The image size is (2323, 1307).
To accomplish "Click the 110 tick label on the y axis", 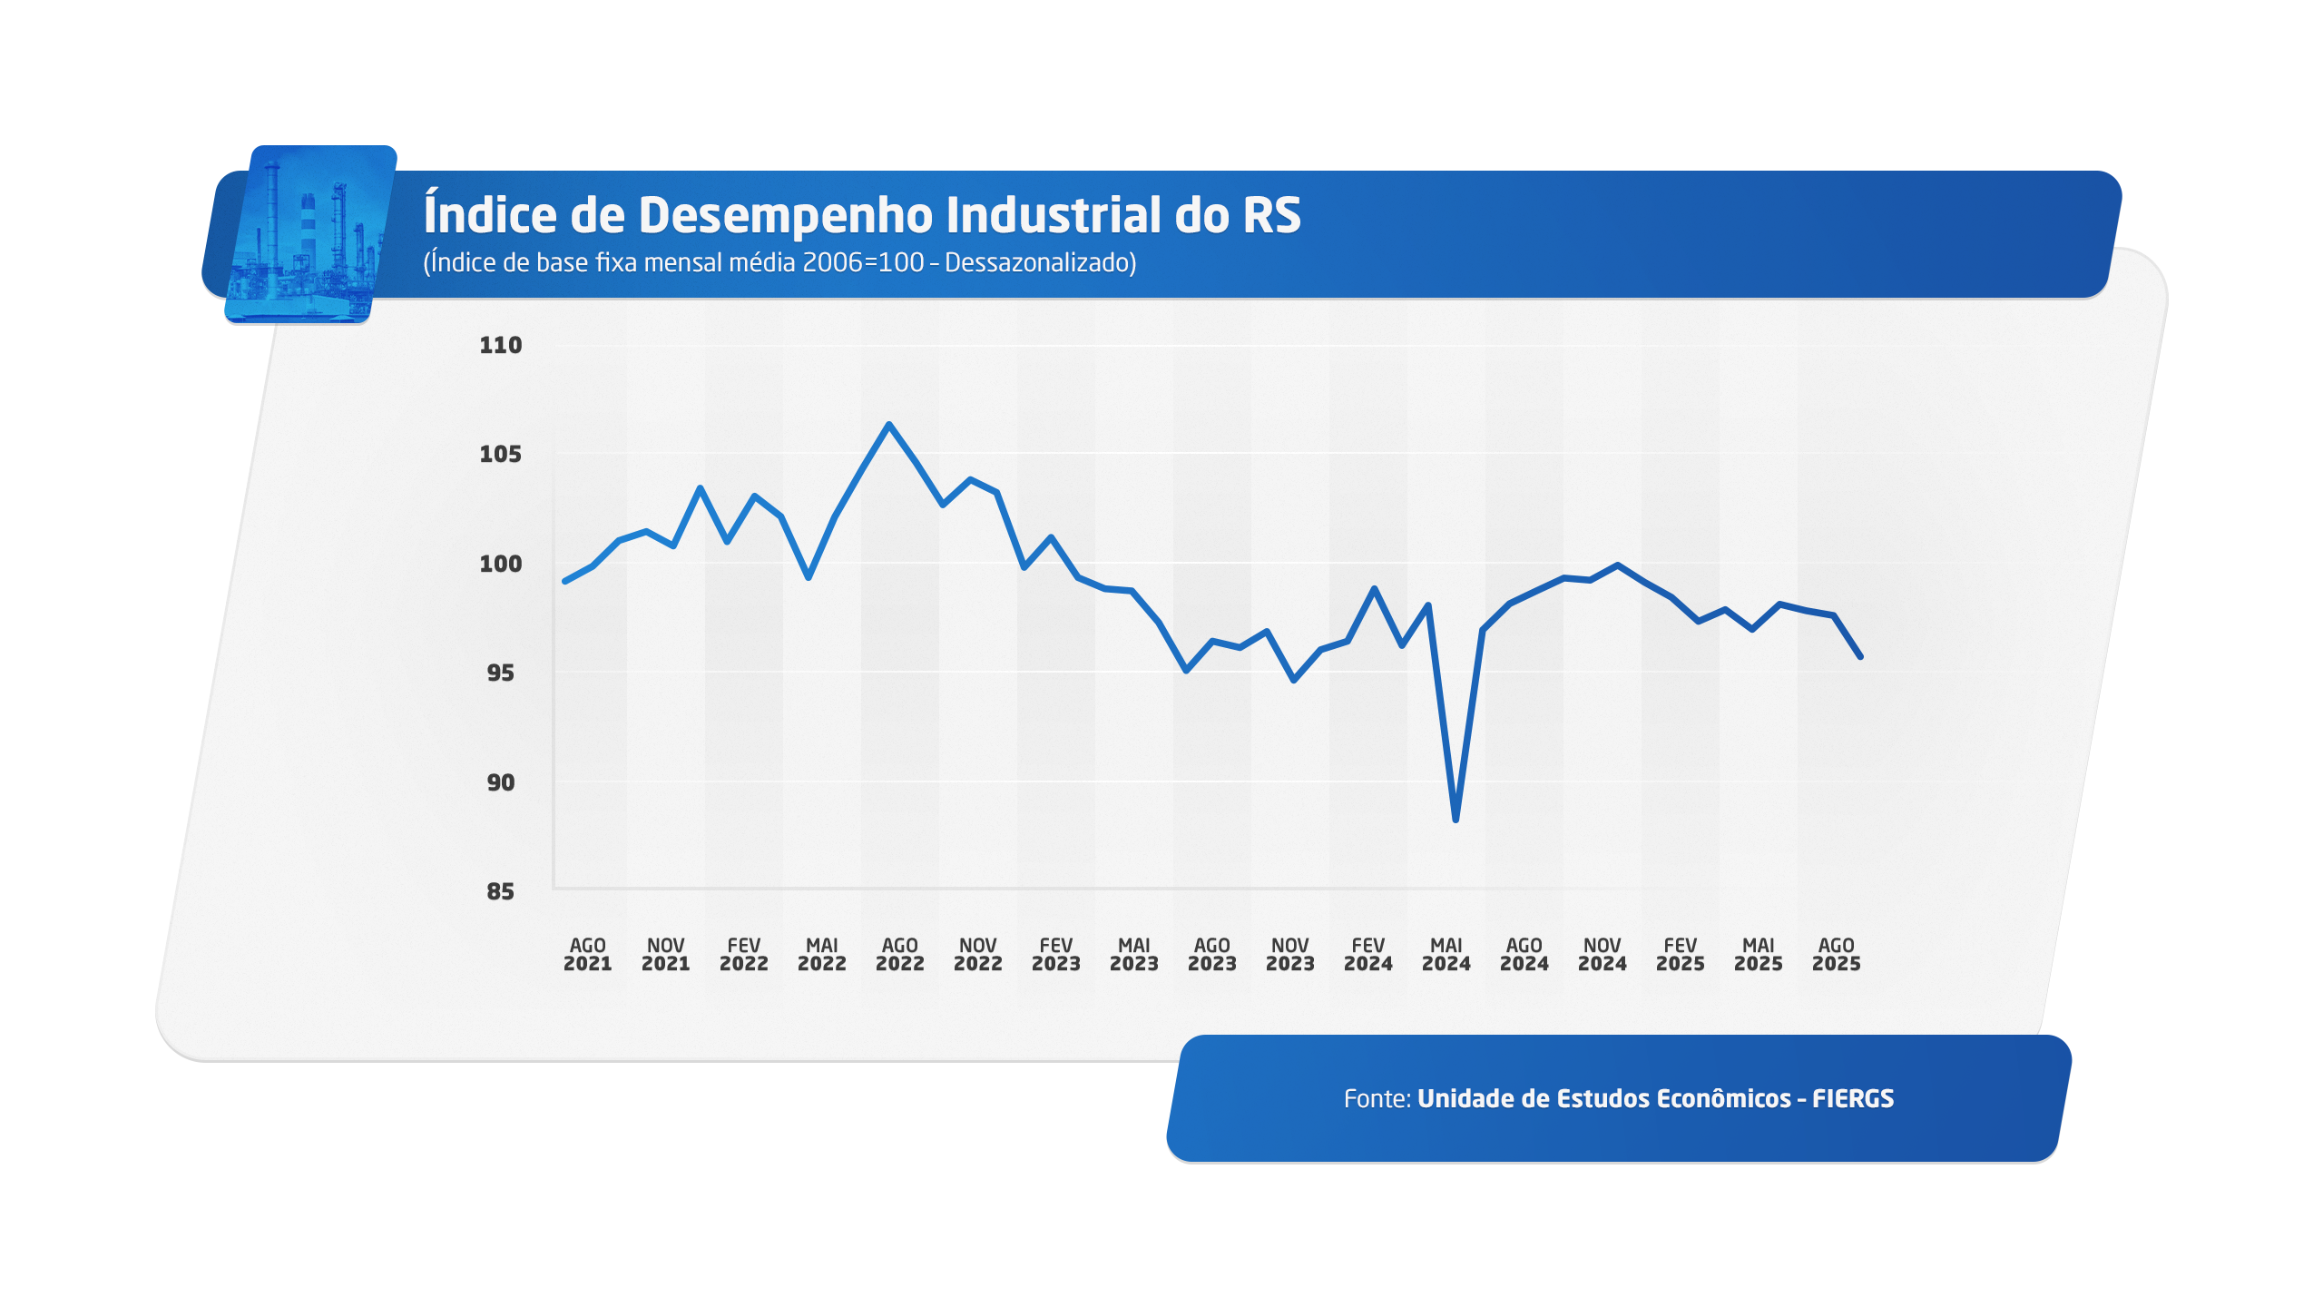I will pos(500,345).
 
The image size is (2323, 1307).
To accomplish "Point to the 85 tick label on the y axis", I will pos(500,891).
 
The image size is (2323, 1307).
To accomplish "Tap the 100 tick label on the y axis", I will pos(500,564).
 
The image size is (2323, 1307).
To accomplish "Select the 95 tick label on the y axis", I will pos(500,673).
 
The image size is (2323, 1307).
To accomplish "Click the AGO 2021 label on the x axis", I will pos(587,955).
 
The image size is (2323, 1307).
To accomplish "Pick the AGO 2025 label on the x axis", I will pos(1836,955).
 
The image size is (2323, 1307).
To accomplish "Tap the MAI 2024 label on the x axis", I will pos(1446,955).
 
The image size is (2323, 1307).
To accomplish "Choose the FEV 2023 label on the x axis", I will pos(1055,955).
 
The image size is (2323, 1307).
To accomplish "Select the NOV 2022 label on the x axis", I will pos(977,955).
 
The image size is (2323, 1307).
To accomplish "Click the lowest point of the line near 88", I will pos(1456,820).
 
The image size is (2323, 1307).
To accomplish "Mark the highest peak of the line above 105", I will pos(888,424).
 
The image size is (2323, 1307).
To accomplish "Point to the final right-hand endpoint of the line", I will pos(1860,656).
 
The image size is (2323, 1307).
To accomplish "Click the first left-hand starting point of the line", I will pos(564,581).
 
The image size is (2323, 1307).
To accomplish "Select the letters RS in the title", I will pos(1271,215).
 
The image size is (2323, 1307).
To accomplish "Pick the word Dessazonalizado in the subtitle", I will pos(1040,263).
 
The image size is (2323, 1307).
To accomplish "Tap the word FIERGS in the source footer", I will pos(1853,1099).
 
